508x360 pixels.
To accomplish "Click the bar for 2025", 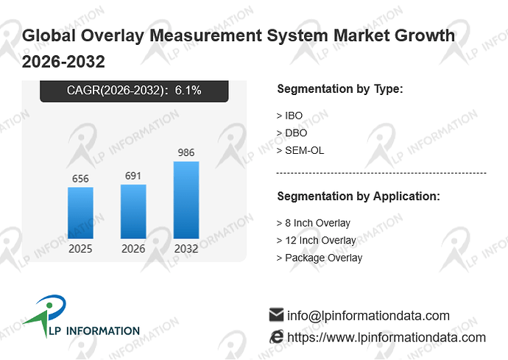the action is click(x=80, y=213).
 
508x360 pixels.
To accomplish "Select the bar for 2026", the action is click(x=133, y=211).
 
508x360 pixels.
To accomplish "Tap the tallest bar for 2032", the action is click(x=186, y=200).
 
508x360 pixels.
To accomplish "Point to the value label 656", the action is click(x=80, y=179).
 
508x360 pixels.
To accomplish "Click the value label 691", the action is click(x=133, y=176).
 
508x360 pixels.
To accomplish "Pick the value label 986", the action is click(x=186, y=152).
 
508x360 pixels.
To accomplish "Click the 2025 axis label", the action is click(x=80, y=249).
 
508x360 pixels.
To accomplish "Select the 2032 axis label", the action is click(x=186, y=249).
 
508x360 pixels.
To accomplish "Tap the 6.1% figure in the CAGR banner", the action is click(x=188, y=90).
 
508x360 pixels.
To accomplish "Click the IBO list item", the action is click(x=289, y=116).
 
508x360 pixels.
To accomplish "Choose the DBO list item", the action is click(x=292, y=133).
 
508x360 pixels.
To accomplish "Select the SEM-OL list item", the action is click(x=300, y=150).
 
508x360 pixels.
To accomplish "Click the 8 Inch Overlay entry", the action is click(x=314, y=223).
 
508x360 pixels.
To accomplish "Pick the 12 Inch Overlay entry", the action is click(x=316, y=240).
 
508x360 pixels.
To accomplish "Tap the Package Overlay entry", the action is click(x=320, y=258).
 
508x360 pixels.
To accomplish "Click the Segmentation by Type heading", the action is click(x=340, y=89).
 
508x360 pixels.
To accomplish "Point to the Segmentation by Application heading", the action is click(x=359, y=197).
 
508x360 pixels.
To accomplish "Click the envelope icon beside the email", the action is click(x=276, y=315).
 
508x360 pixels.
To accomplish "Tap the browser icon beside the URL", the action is click(x=276, y=337).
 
